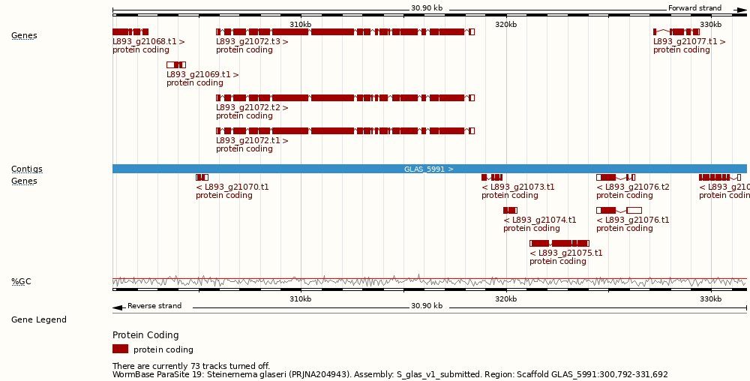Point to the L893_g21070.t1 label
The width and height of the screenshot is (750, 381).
(x=232, y=187)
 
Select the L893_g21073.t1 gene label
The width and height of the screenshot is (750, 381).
(x=518, y=187)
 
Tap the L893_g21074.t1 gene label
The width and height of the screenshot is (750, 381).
(x=540, y=220)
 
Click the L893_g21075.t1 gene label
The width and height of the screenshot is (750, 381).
(x=566, y=253)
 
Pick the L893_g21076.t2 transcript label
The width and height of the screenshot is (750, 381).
(x=633, y=187)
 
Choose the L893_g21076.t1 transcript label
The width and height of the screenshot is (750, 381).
(x=633, y=220)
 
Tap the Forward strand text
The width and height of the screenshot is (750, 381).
(x=694, y=8)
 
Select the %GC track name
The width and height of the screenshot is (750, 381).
(x=21, y=282)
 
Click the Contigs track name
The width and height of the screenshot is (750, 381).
(x=26, y=169)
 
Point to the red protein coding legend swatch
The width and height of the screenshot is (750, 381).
(x=120, y=349)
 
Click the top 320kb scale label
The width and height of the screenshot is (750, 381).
(x=506, y=25)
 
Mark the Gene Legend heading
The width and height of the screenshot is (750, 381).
(x=38, y=319)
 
